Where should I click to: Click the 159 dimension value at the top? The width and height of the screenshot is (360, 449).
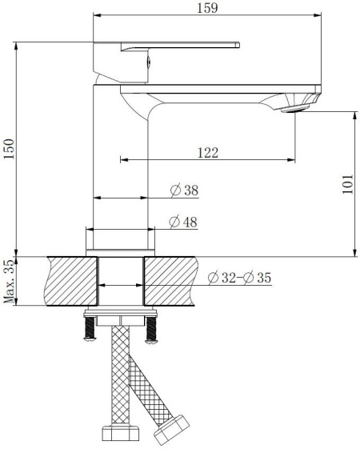point(207,8)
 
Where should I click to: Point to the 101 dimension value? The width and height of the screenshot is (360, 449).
point(347,185)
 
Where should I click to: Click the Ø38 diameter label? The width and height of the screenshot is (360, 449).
point(184,190)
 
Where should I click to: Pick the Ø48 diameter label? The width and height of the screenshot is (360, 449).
point(184,222)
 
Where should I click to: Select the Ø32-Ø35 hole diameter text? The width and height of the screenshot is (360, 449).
point(239,279)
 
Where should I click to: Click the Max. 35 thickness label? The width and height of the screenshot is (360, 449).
point(10,281)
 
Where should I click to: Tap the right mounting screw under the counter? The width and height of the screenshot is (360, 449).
point(150,330)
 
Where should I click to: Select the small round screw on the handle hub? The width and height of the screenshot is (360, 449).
point(147,58)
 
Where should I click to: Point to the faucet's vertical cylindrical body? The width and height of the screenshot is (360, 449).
point(122,160)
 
